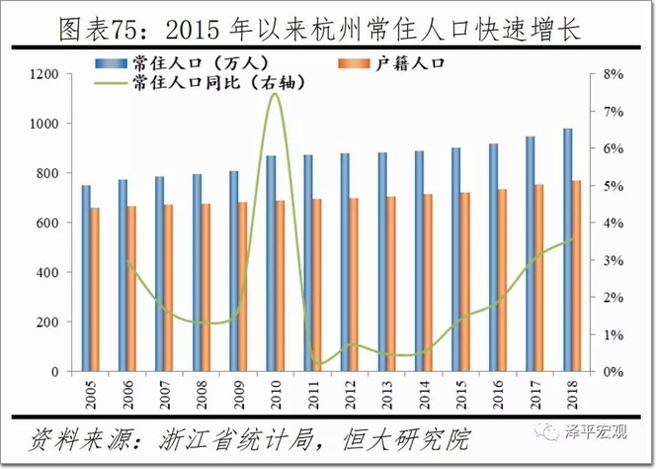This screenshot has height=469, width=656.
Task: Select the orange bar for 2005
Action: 95,289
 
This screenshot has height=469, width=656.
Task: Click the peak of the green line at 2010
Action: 276,94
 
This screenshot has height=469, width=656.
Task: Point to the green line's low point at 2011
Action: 316,363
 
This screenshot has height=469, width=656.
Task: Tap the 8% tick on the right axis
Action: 612,74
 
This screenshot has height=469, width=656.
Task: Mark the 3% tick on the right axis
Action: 612,260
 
